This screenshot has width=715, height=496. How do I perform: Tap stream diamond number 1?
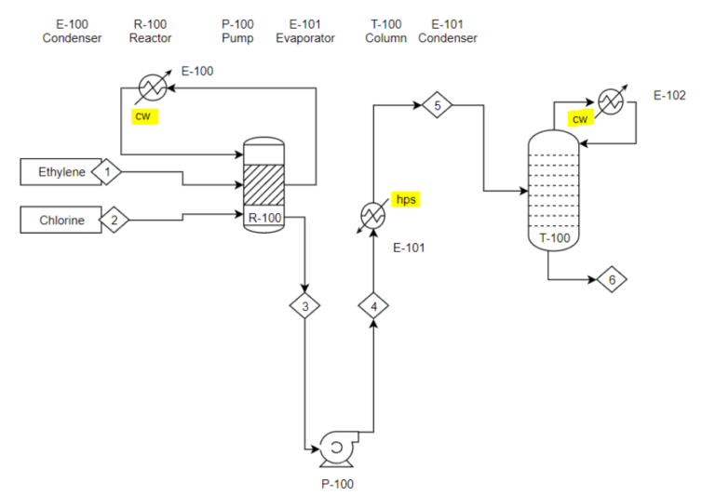[x=107, y=172]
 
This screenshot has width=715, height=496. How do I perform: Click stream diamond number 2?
[x=115, y=221]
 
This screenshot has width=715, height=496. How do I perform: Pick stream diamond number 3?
[x=304, y=305]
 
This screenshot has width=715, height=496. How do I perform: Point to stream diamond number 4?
[x=373, y=305]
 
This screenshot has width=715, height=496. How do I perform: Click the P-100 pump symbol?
[x=335, y=448]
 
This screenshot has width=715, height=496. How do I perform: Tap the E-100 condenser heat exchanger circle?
[x=152, y=87]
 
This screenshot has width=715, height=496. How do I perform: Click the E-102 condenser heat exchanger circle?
[x=610, y=101]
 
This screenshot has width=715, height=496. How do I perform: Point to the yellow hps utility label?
[x=406, y=200]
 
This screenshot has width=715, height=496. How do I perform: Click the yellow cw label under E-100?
[x=144, y=116]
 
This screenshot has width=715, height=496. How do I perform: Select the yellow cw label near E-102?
[x=580, y=119]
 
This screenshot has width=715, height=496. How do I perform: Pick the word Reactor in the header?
[x=150, y=39]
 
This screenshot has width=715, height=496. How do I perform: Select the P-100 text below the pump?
[x=337, y=484]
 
